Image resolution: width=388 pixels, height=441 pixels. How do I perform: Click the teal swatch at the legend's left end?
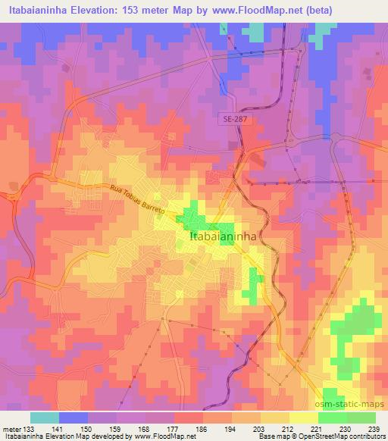[44, 418]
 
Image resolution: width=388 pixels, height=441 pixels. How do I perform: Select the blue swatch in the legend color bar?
[74, 418]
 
